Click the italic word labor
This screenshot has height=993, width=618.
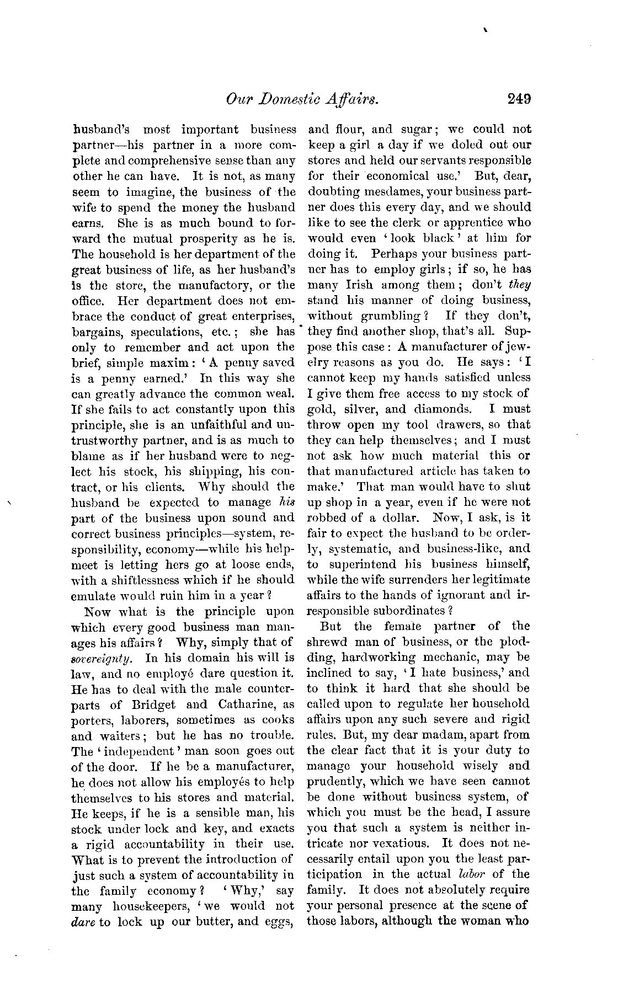[470, 874]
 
